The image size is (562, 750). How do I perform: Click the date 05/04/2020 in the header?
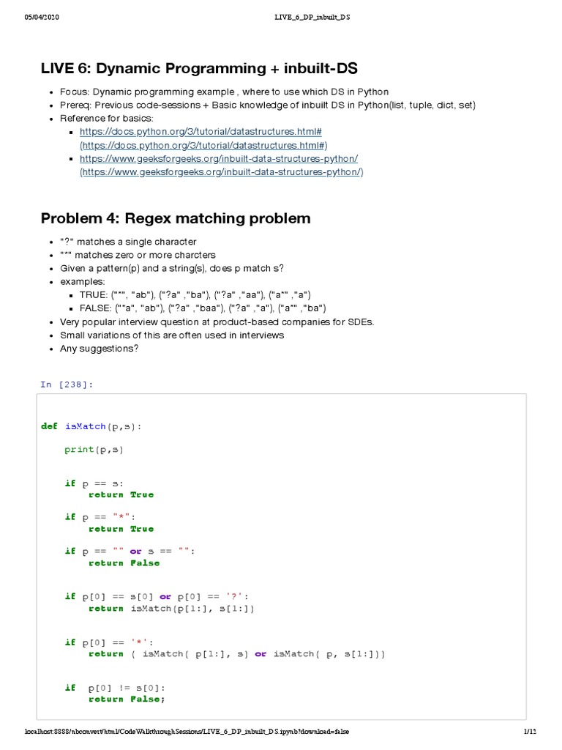point(42,17)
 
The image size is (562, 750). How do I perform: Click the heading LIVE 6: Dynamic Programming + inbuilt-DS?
point(199,69)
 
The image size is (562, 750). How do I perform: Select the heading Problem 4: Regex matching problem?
point(176,218)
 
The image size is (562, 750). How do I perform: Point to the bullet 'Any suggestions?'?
point(99,348)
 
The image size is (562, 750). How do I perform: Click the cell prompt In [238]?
point(67,385)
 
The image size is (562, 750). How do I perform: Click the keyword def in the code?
point(49,426)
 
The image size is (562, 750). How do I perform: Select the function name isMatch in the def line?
point(86,426)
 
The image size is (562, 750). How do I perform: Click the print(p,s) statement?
point(94,450)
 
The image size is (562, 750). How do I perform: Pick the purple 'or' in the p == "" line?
point(135,552)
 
